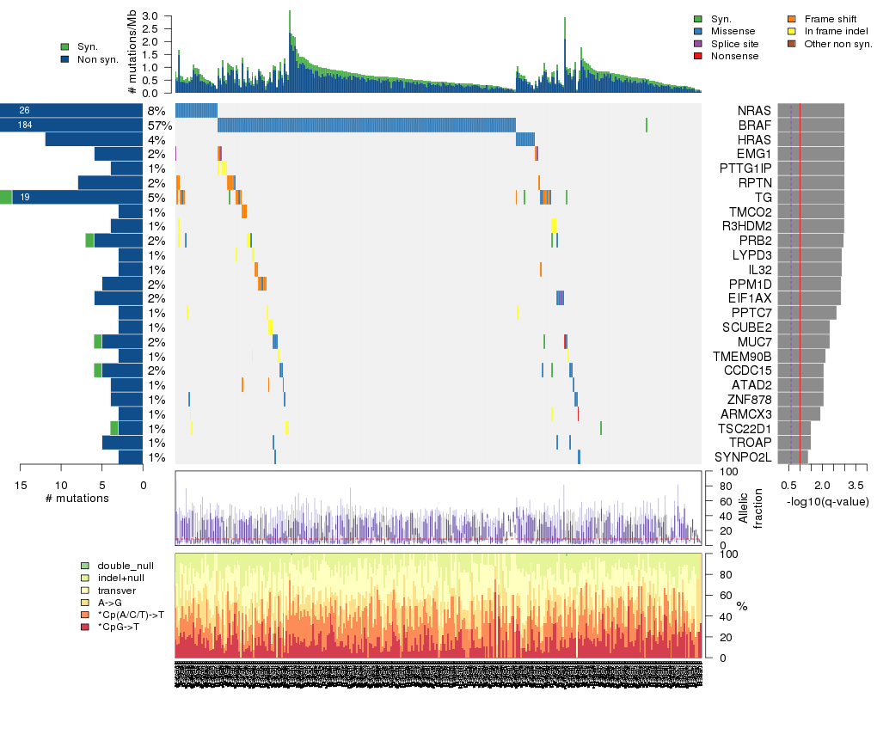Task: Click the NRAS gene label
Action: point(754,112)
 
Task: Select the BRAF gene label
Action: point(754,125)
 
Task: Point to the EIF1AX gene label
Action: point(749,298)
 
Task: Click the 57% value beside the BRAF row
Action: point(160,125)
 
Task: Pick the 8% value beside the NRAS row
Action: point(156,112)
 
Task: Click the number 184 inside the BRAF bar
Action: point(24,125)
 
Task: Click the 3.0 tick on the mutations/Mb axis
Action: point(151,16)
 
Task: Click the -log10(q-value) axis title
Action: point(827,502)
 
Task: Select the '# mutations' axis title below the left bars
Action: point(79,499)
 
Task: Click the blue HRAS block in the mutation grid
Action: point(524,139)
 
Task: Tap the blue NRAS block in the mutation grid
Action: point(196,111)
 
